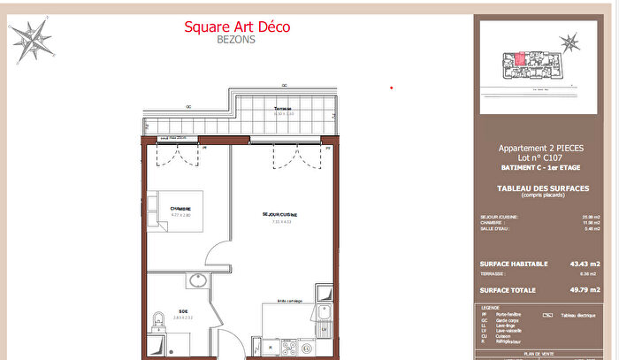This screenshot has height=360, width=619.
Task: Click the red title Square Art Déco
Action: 236,27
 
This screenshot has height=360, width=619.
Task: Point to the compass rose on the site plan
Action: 569,42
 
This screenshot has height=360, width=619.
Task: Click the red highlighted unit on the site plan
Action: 522,59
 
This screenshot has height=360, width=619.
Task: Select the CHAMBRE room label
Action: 180,209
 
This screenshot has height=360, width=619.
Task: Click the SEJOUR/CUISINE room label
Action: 279,214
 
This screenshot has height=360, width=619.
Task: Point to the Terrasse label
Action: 283,108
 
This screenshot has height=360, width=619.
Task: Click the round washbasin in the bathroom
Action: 195,283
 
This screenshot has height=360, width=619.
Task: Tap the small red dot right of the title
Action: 392,88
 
